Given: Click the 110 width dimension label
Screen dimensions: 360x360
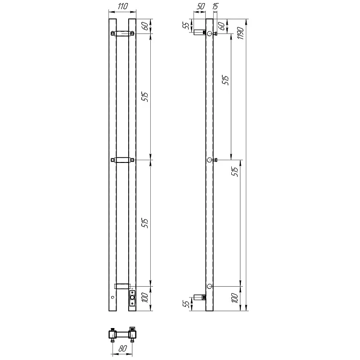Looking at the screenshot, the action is click(122, 6).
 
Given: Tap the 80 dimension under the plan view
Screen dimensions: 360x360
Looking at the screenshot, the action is click(122, 348).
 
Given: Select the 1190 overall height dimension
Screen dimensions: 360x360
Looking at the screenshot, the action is click(240, 33).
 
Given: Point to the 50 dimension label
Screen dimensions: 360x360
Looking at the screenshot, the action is click(200, 6).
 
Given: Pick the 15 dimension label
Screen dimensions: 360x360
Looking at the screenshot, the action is click(215, 6).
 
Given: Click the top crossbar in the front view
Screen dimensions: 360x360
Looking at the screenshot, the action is click(122, 33).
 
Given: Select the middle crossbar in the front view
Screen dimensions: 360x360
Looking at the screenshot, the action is click(122, 160).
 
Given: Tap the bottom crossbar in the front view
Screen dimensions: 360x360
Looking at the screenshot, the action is click(122, 286).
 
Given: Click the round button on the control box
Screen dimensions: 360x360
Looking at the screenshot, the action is click(132, 297).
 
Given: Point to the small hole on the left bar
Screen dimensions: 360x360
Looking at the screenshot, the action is click(112, 297).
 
